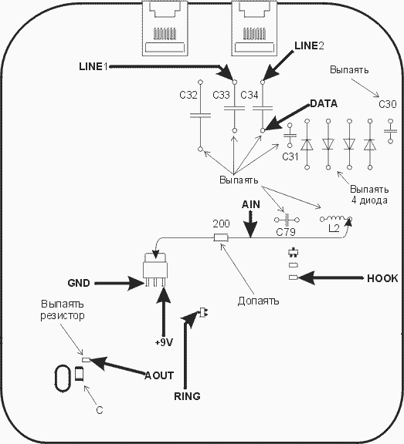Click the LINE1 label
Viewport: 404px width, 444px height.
point(93,66)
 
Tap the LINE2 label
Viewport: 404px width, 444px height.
point(309,45)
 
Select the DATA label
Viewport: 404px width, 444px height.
point(324,103)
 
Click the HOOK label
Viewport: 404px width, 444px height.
point(382,278)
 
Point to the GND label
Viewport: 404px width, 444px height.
point(79,283)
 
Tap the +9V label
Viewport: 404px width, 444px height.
point(164,342)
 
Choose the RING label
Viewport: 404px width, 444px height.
point(187,396)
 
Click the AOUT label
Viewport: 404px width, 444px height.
point(159,375)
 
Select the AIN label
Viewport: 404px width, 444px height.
point(251,204)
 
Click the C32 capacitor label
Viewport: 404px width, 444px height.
point(188,95)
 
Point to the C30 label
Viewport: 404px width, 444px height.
point(388,104)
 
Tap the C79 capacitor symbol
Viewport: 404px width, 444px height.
point(287,220)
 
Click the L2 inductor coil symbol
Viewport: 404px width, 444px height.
point(336,219)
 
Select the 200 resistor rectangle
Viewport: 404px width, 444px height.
point(221,238)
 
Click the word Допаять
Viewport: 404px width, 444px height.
point(258,301)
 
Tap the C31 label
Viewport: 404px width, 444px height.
point(290,156)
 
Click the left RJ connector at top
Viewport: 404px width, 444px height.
point(165,28)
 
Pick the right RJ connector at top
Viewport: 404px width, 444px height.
point(254,28)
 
